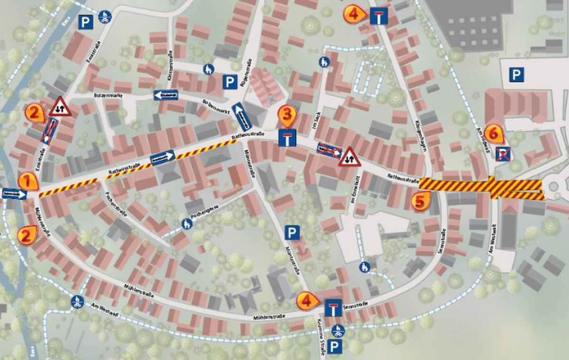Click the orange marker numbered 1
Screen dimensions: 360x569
[x=28, y=181]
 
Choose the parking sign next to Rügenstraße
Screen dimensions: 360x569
[x=230, y=83]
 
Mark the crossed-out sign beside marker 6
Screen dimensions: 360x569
[x=502, y=153]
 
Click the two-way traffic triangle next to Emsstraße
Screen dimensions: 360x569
[x=60, y=107]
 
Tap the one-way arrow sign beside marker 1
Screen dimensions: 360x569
[x=14, y=194]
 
